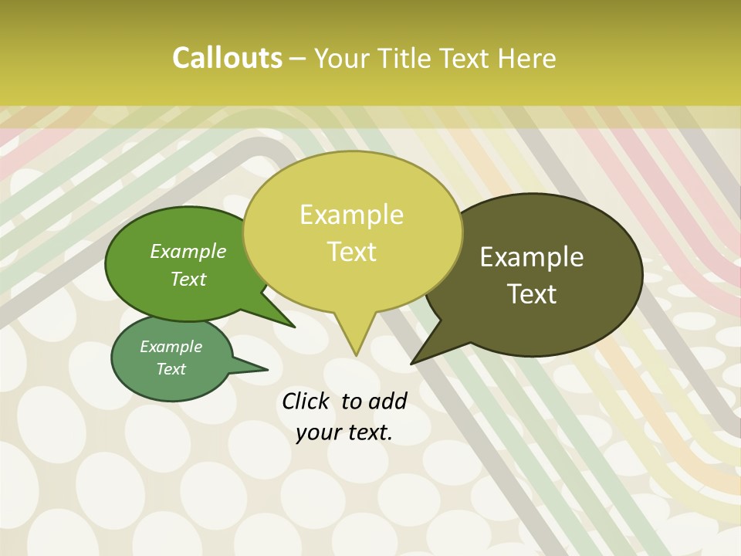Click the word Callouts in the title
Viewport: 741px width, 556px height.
(227, 58)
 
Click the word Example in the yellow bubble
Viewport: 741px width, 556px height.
(351, 215)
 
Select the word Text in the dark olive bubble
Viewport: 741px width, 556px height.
(533, 294)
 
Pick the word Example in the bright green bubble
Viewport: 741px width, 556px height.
(188, 251)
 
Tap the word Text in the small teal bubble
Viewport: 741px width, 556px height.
(171, 369)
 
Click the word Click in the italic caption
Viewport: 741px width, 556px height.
(306, 401)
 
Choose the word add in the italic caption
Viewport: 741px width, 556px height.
(387, 401)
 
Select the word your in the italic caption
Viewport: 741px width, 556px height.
(318, 432)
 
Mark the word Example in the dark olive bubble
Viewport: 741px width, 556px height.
(532, 257)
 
